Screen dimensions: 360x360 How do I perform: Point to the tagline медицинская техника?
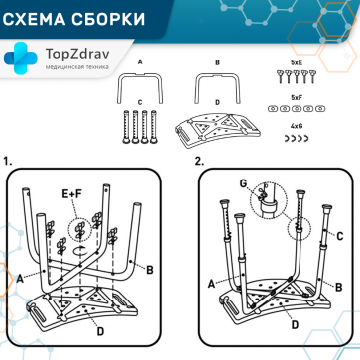pyautogui.click(x=79, y=67)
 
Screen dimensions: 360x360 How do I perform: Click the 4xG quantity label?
pyautogui.click(x=296, y=127)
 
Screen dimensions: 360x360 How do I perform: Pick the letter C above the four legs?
pyautogui.click(x=140, y=102)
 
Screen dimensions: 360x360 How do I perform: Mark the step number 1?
pyautogui.click(x=8, y=160)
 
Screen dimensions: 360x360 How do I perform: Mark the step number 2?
pyautogui.click(x=199, y=160)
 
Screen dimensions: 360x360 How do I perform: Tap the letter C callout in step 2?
pyautogui.click(x=339, y=234)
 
